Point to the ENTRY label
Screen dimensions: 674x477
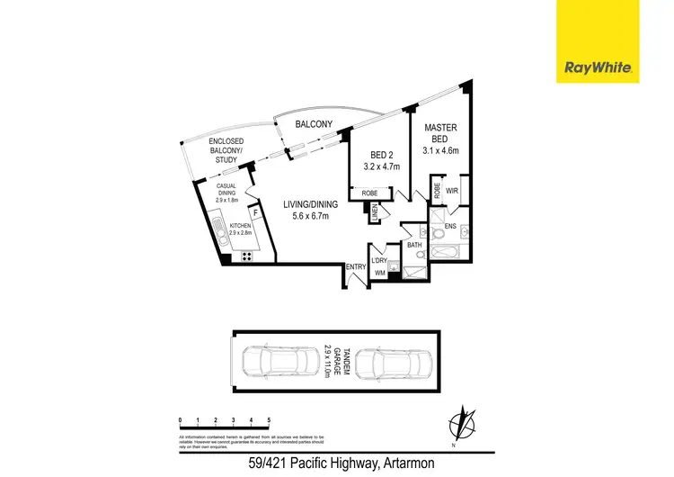357,266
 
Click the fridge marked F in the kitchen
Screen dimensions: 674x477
256,213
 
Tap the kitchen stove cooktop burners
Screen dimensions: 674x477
245,256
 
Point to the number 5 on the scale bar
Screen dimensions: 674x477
269,419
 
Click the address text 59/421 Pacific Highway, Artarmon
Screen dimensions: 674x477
336,465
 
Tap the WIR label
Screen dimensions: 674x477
453,190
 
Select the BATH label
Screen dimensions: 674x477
414,244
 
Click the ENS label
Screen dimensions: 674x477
450,225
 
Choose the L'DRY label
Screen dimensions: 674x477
378,261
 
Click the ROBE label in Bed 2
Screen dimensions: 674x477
369,193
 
